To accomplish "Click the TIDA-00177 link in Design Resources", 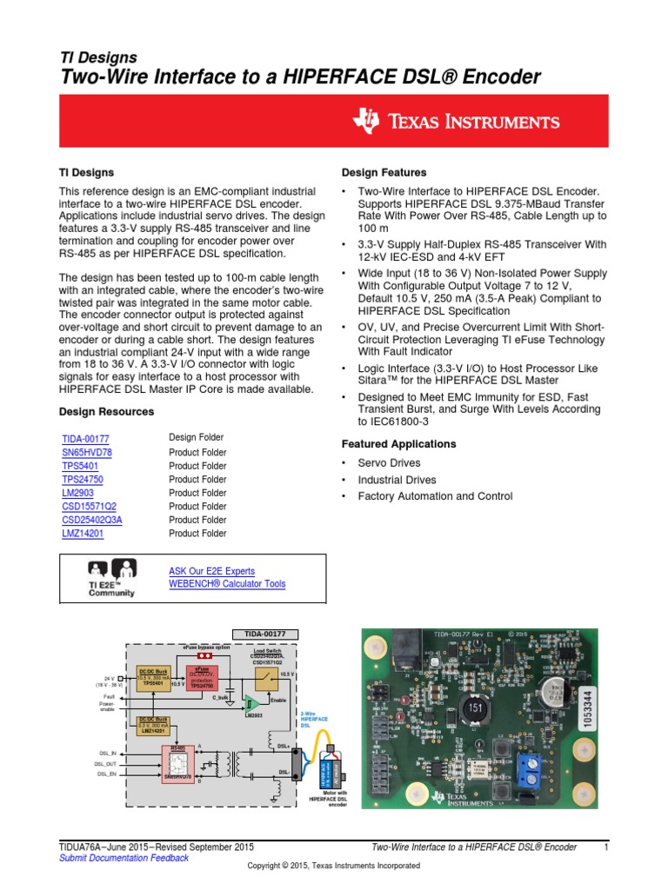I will tap(85, 439).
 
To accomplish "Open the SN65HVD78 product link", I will tap(87, 453).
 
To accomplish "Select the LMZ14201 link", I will tap(83, 534).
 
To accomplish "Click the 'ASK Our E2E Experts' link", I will tap(211, 571).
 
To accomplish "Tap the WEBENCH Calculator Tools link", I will tap(226, 584).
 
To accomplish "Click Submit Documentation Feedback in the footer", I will tap(123, 858).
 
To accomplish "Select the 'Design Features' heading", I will tap(384, 172).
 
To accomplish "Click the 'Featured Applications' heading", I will tap(398, 444).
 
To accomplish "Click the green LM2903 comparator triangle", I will tap(251, 702).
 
